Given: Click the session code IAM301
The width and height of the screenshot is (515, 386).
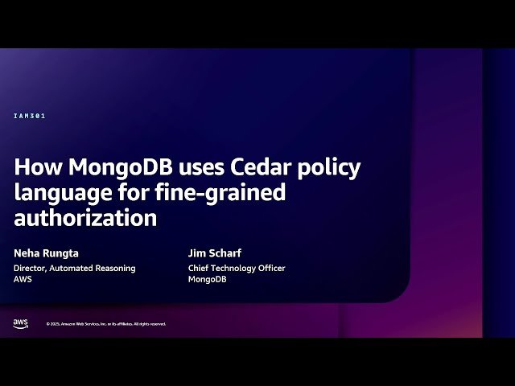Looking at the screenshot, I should tap(30, 116).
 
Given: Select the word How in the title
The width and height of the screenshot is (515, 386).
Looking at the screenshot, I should tap(38, 167).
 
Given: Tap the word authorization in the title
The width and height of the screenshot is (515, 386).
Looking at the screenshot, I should tap(85, 217).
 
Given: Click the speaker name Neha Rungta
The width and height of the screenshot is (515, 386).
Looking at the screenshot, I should tap(46, 253).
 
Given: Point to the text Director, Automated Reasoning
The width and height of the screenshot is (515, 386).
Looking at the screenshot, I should tap(75, 268).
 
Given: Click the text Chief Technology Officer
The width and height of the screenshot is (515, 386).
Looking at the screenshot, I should tap(237, 268).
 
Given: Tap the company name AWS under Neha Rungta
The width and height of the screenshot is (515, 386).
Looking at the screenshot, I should tap(23, 279).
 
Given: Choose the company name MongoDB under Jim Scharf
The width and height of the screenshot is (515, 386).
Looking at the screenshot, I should tap(208, 279).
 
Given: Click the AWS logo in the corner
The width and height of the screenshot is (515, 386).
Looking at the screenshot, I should tap(20, 323).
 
